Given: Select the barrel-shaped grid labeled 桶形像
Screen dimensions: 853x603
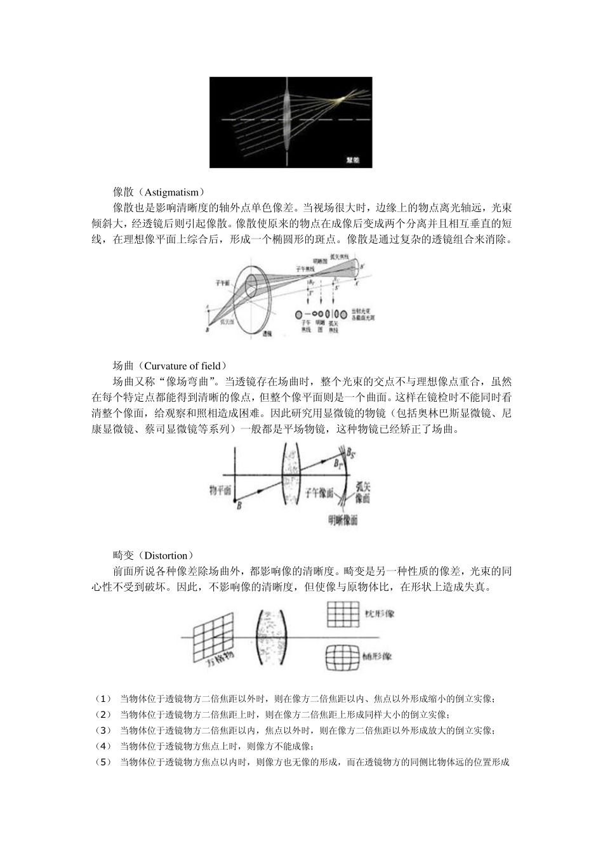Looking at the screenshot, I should [342, 657].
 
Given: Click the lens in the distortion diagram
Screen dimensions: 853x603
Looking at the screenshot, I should [273, 637].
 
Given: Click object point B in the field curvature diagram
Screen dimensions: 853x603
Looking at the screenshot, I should [239, 505].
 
